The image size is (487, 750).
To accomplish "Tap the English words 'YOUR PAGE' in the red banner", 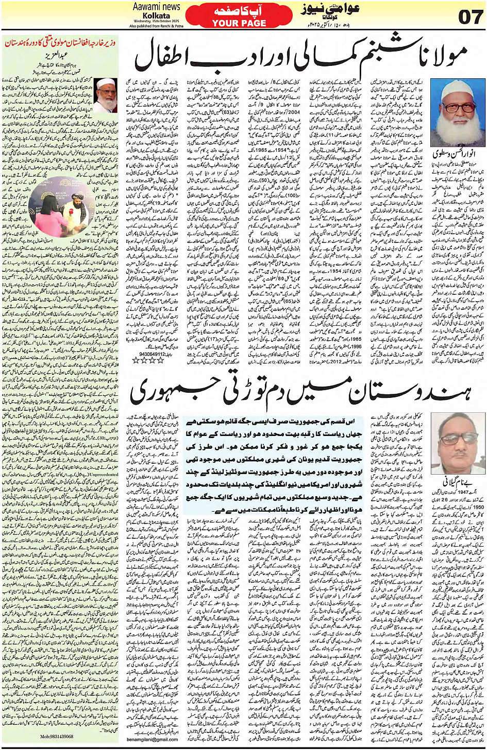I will pyautogui.click(x=239, y=23).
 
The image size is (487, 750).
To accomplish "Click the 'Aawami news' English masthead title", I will pyautogui.click(x=156, y=7).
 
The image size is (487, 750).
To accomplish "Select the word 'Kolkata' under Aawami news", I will pyautogui.click(x=156, y=15).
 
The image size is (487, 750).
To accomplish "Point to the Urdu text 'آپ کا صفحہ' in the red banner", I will pyautogui.click(x=239, y=10).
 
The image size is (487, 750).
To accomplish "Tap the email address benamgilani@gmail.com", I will pyautogui.click(x=152, y=739).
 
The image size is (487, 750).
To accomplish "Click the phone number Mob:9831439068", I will pyautogui.click(x=56, y=737).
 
